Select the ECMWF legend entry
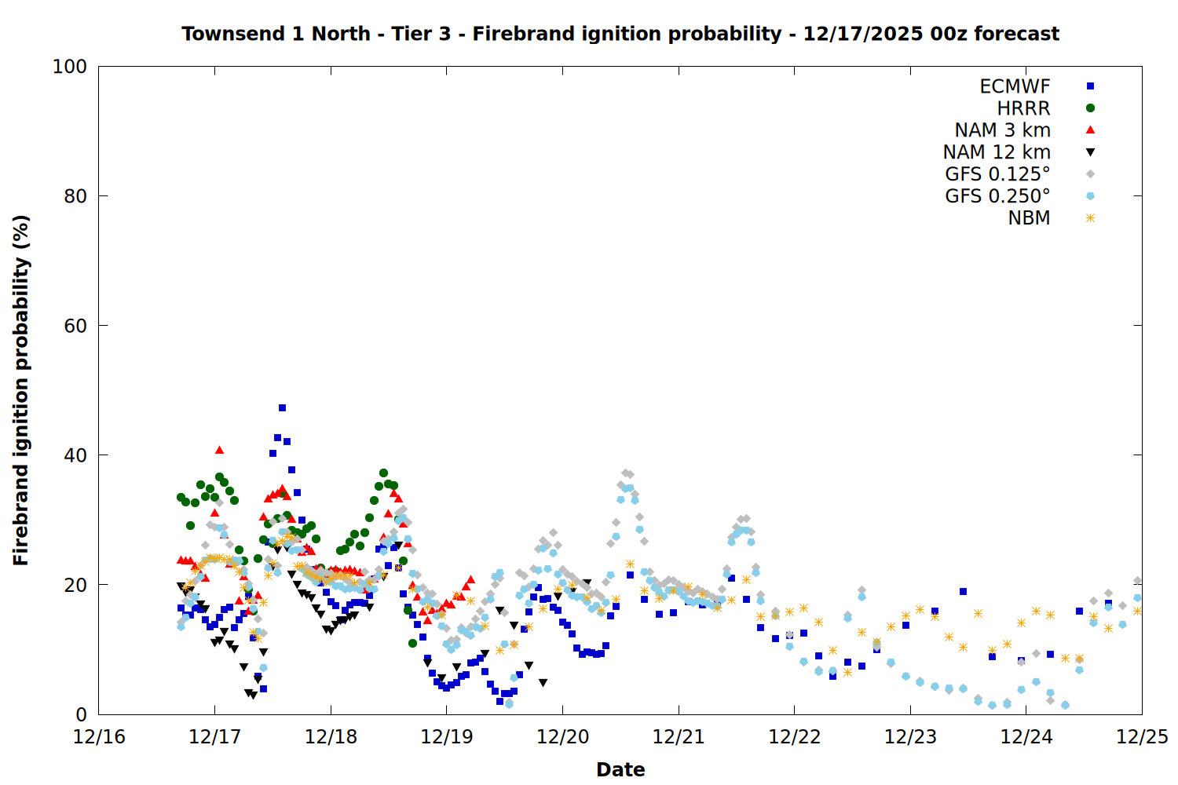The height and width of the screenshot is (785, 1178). [x=1015, y=86]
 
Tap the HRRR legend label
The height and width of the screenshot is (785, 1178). [x=1023, y=108]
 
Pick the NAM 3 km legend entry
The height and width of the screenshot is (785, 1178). [x=1002, y=130]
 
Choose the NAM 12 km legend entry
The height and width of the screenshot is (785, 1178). [x=997, y=152]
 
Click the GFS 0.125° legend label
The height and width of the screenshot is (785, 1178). [x=997, y=174]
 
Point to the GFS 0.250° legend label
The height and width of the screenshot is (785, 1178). [x=997, y=196]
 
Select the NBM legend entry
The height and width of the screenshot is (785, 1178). [x=1029, y=218]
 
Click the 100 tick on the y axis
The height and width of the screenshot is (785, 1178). [x=70, y=67]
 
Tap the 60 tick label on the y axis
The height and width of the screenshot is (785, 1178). [x=75, y=326]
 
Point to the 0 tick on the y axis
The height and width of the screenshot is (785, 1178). [x=81, y=714]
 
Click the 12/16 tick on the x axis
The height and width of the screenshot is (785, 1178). [x=99, y=737]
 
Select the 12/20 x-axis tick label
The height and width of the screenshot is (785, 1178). [x=562, y=737]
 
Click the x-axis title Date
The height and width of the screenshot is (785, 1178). [x=620, y=769]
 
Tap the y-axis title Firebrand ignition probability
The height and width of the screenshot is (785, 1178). [x=21, y=390]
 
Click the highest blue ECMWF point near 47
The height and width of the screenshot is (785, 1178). [x=282, y=407]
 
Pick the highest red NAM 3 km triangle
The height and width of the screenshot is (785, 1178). [x=219, y=450]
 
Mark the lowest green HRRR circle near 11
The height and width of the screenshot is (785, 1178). [x=412, y=643]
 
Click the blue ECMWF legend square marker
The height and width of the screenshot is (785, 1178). [x=1090, y=86]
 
